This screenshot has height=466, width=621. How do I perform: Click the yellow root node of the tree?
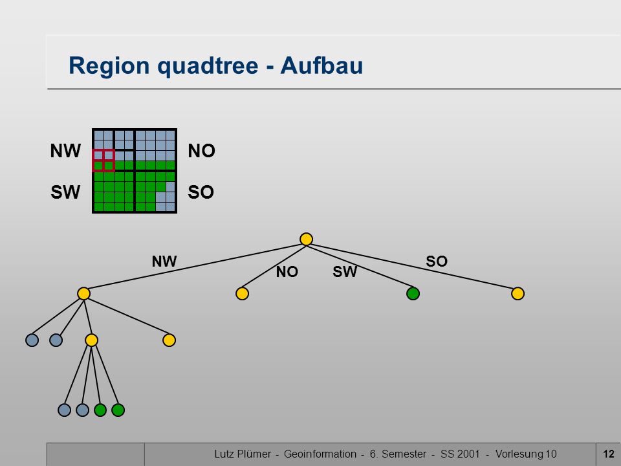pos(306,239)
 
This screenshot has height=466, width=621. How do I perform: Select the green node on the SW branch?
pos(413,294)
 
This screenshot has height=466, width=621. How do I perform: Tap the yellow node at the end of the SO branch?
pos(517,294)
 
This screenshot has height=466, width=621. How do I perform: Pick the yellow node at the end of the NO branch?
pos(242,294)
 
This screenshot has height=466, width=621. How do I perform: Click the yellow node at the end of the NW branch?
pos(83,294)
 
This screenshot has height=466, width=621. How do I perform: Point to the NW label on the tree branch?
pos(164,261)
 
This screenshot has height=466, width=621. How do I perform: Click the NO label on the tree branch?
pos(287,272)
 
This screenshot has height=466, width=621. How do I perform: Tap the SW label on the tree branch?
pos(345,272)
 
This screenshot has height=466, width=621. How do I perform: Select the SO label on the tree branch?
pos(437,261)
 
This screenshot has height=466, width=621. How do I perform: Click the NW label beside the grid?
pos(65,151)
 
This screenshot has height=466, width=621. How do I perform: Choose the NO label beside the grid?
pos(202,151)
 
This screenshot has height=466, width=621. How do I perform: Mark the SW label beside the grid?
pos(65,192)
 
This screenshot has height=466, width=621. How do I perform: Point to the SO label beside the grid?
pos(201,192)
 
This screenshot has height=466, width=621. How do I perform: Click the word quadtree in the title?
pos(208,66)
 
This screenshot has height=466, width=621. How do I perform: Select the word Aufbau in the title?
pos(321,65)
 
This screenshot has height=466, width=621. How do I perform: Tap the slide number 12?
pos(608,454)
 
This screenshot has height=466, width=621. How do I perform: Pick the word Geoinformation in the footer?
pos(320,454)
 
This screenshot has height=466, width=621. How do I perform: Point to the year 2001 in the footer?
pos(470,454)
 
